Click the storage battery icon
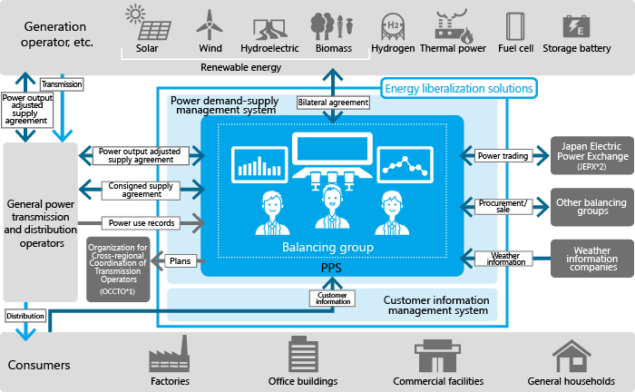click(x=576, y=24)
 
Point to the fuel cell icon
click(x=515, y=24)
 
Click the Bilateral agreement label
click(x=333, y=103)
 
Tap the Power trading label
click(x=503, y=156)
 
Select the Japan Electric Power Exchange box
click(x=591, y=155)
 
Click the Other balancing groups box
click(x=591, y=207)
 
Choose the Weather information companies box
click(x=591, y=259)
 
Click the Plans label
click(x=180, y=260)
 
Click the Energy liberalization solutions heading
click(x=458, y=88)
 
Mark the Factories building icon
click(x=171, y=355)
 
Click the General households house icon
click(x=571, y=355)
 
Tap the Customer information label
click(x=332, y=297)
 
